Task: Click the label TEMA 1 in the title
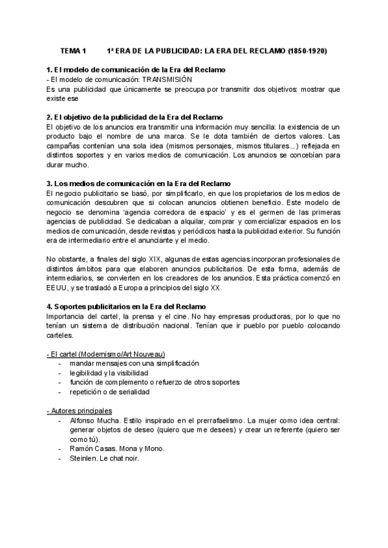click(x=72, y=50)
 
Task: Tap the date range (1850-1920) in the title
click(x=316, y=50)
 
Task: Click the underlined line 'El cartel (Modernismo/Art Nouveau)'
click(x=107, y=354)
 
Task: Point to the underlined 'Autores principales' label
click(x=80, y=410)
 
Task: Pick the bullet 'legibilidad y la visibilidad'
click(x=113, y=373)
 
